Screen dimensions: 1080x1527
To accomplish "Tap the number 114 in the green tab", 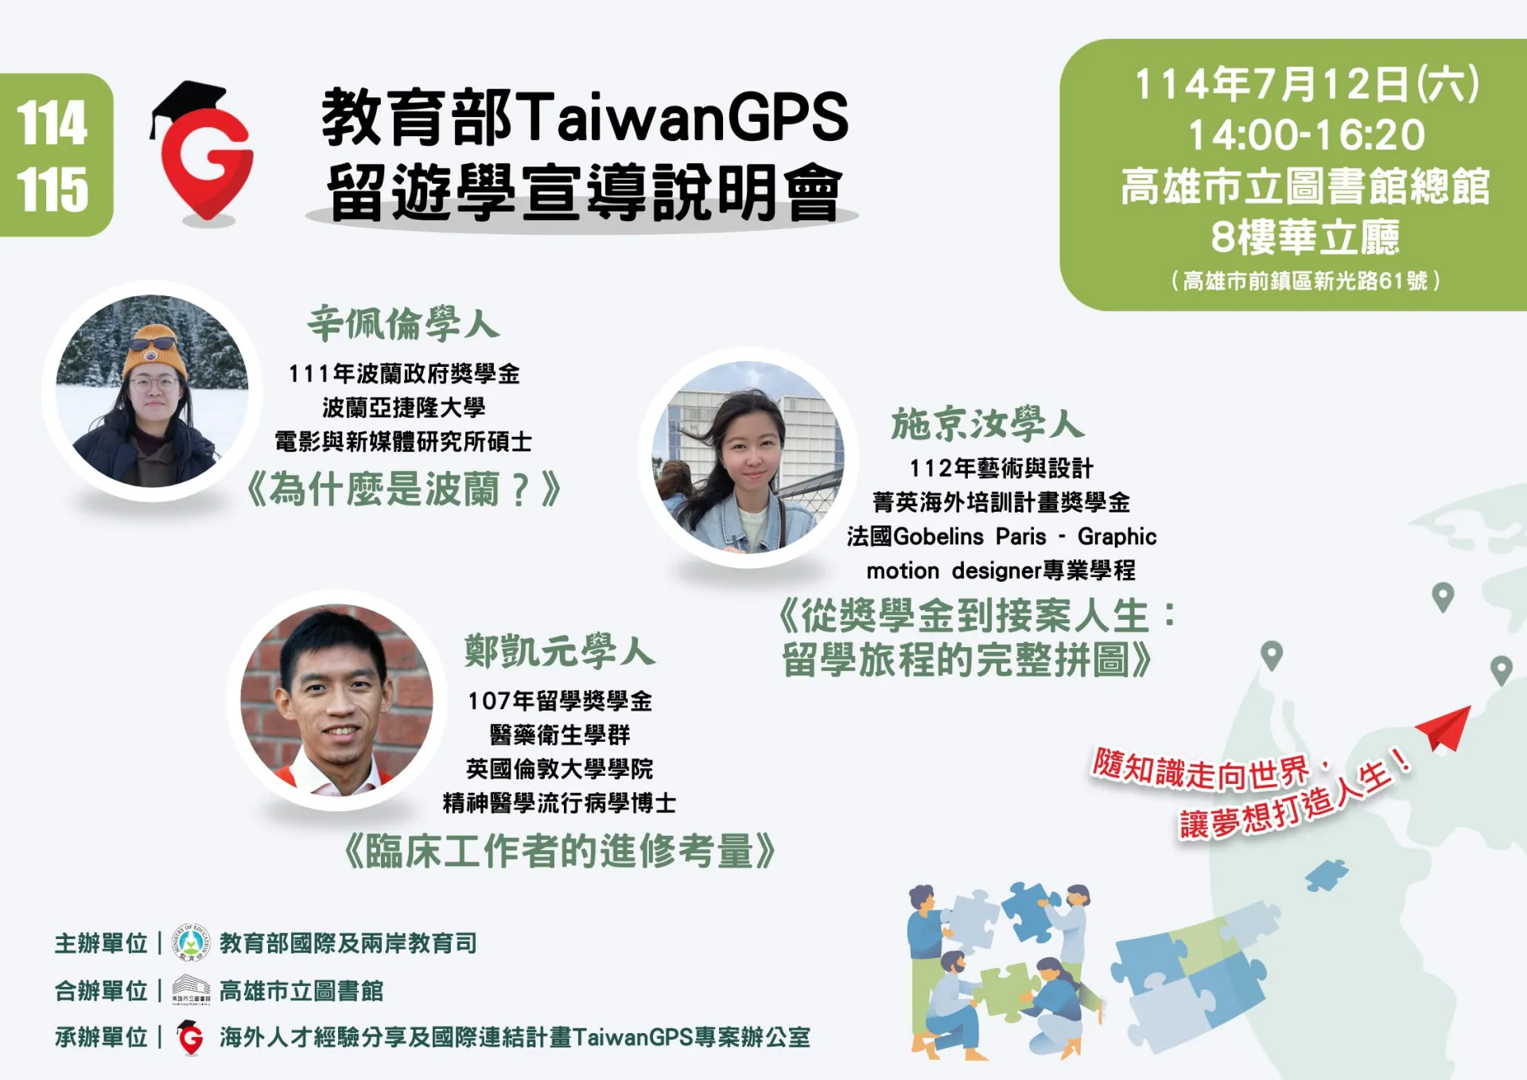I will coord(52,123).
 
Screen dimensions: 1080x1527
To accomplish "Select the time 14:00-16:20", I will coord(1306,135).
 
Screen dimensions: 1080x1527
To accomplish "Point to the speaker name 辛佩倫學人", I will coord(403,324).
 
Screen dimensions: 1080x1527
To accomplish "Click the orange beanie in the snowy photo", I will coord(156,349).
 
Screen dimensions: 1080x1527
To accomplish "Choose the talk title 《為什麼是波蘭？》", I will coord(403,489).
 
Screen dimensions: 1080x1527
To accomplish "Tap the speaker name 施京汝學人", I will coord(987,423).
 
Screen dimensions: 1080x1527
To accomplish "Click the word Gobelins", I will coord(938,536).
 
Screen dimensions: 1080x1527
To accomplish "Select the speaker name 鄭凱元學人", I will coord(559,652).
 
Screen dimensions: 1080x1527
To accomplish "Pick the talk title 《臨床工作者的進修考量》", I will coord(559,852).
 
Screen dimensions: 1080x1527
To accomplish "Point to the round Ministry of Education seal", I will coord(191,943).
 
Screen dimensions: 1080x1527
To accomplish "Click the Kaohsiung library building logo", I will coord(191,989).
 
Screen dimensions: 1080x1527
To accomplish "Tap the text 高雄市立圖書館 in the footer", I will coord(301,991).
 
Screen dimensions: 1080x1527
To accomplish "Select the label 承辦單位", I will coord(101,1037).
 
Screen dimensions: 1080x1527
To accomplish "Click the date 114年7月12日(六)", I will coord(1306,84).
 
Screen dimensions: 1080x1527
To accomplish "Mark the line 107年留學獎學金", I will coord(559,701).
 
